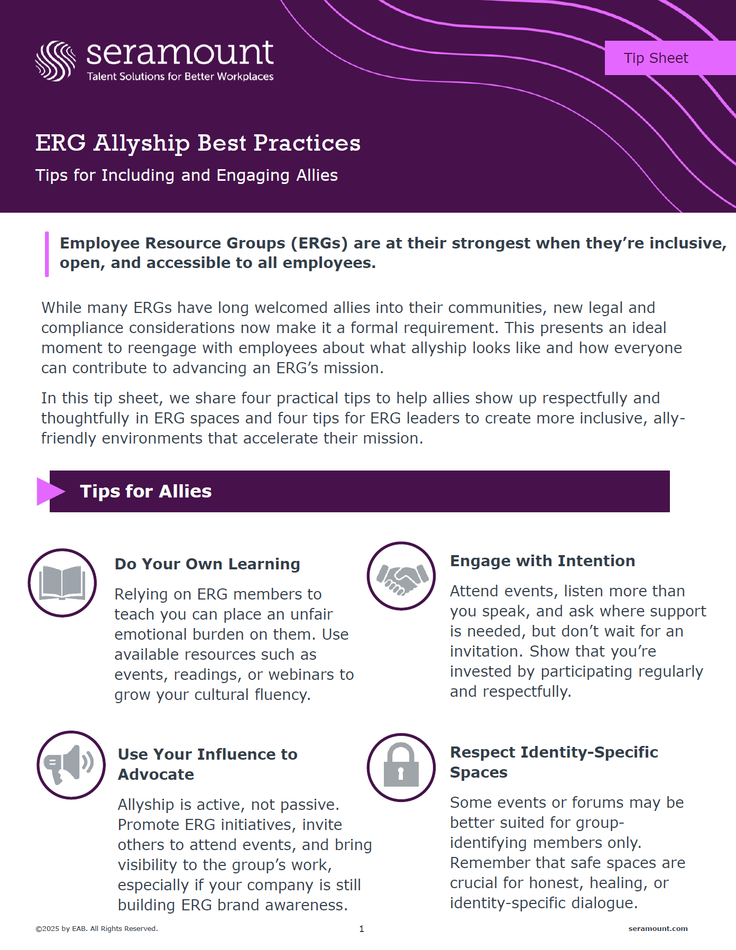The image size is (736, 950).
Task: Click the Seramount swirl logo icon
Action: point(56,61)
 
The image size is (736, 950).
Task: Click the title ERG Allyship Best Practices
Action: point(198,143)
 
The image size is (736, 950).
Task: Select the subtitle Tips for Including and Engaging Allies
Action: point(187,176)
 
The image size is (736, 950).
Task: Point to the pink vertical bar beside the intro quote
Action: point(47,254)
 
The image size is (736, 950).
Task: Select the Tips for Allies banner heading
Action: point(146,491)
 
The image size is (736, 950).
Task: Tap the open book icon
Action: point(62,583)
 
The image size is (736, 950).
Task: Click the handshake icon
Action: point(402,577)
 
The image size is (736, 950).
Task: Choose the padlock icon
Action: point(401,765)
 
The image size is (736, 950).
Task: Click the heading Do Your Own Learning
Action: point(207,564)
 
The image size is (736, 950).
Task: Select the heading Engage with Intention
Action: point(542,561)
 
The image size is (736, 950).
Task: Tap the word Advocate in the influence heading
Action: point(156,774)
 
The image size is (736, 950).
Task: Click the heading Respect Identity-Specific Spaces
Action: point(554,762)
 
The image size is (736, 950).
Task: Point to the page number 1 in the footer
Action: point(362,929)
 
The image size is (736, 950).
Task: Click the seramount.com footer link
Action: point(658,928)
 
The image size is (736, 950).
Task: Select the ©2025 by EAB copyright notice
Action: point(97,928)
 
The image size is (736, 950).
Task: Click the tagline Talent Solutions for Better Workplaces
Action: point(180,77)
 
